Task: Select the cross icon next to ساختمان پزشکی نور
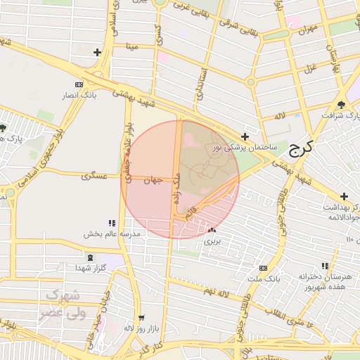(245, 136)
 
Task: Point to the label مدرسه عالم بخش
(112, 233)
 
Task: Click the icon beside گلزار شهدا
(79, 268)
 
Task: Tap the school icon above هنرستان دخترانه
(324, 266)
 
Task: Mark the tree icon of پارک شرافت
(341, 104)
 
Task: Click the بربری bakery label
(212, 240)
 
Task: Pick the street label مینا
(132, 47)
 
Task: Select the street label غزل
(309, 67)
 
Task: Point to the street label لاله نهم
(218, 290)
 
